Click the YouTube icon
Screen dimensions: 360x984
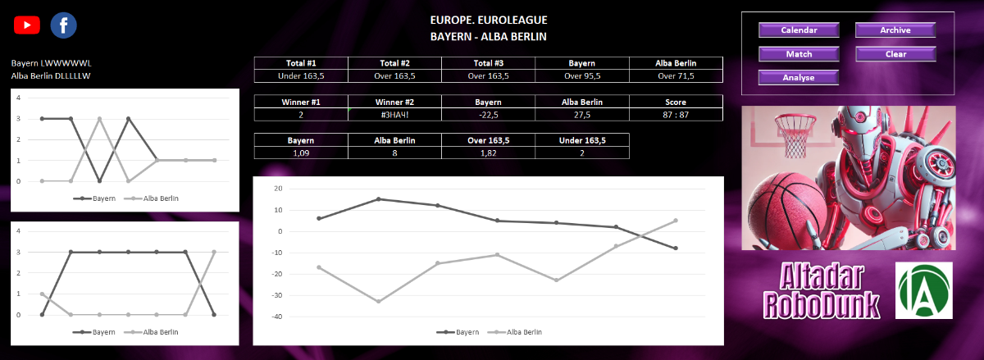[27, 25]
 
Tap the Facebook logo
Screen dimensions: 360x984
[63, 25]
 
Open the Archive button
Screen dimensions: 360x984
[895, 30]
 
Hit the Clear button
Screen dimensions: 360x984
[895, 54]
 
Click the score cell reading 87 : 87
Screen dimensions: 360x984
[676, 115]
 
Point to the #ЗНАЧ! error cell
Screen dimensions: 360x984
[394, 115]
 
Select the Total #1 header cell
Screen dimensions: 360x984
[301, 63]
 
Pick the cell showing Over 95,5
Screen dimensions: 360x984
[582, 76]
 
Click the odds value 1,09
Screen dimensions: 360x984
[301, 153]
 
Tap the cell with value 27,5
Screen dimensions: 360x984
[582, 115]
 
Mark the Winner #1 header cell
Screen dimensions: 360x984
[301, 102]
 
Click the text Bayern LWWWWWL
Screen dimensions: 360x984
[46, 62]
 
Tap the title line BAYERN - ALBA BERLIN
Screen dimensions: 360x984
[488, 37]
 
